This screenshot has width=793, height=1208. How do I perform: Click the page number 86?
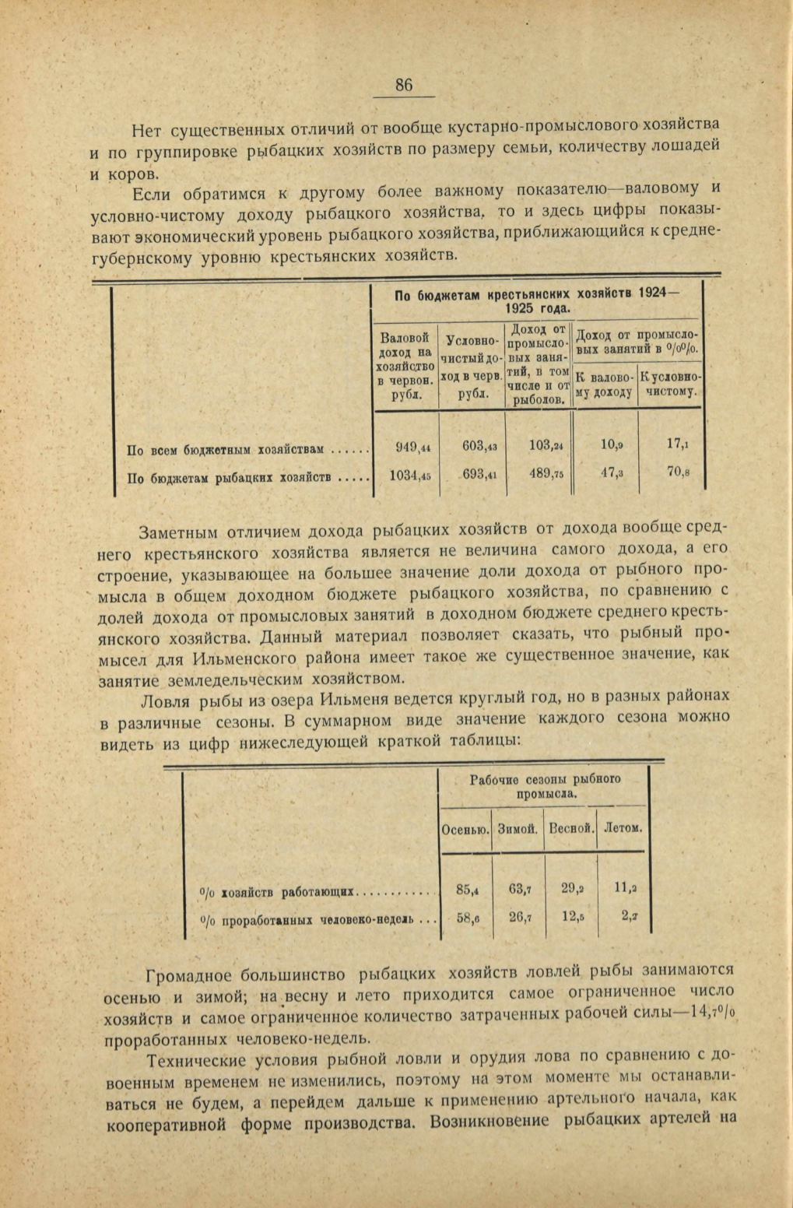pos(404,86)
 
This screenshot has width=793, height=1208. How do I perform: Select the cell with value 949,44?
pos(407,447)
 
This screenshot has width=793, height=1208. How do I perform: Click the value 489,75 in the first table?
pos(540,473)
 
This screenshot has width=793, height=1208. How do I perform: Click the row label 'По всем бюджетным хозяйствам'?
pos(225,450)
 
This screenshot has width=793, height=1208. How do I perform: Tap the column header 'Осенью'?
pos(465,830)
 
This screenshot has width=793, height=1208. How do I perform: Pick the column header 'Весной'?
pos(572,830)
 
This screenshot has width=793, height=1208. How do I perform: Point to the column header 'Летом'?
pos(623,829)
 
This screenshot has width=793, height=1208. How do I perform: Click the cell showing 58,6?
pos(467,918)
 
